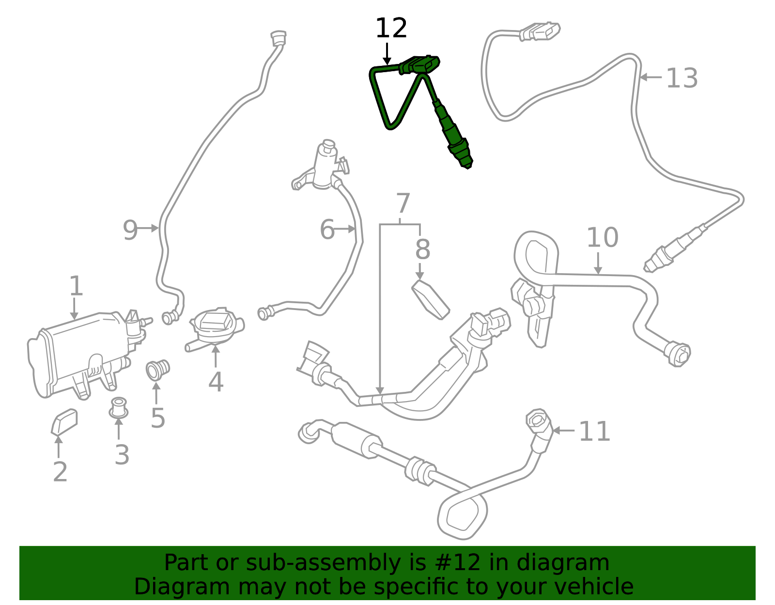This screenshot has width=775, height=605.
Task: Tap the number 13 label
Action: [682, 78]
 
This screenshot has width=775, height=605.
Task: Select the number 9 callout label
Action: [130, 230]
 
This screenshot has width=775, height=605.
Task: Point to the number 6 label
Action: [327, 229]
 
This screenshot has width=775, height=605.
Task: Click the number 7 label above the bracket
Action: [403, 203]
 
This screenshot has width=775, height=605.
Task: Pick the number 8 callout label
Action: [423, 249]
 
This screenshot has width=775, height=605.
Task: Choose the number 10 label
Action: [603, 237]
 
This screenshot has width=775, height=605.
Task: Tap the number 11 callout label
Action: [594, 431]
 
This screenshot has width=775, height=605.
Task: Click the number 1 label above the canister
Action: [76, 285]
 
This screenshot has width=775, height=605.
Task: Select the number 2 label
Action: [60, 472]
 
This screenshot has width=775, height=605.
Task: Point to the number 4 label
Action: [216, 382]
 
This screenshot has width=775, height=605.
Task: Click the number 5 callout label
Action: [158, 418]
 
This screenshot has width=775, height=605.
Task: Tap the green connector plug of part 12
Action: [419, 65]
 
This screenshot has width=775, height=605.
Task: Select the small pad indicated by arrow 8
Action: [431, 299]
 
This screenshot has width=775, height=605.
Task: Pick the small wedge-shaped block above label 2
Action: [64, 422]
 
